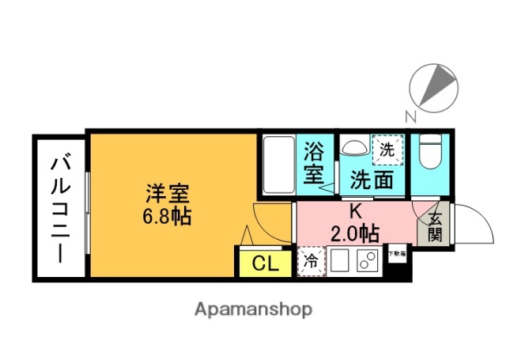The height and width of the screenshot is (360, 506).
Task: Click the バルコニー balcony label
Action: point(60,207)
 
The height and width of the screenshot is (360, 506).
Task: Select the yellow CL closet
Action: point(264,263)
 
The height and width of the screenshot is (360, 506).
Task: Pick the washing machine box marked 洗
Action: point(387,149)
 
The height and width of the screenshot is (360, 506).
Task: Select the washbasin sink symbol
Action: point(353,148)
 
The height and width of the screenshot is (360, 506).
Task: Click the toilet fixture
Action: point(430,153)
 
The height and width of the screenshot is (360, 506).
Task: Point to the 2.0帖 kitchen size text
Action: point(355,233)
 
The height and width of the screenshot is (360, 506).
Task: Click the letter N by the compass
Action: point(410,118)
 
